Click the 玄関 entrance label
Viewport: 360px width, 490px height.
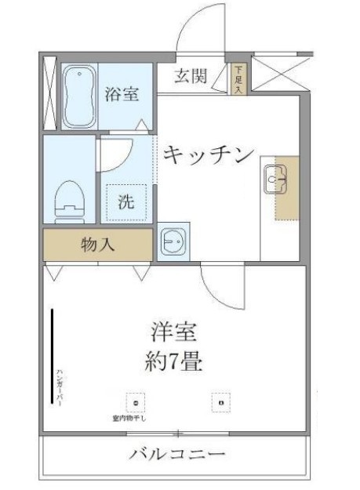coord(191,76)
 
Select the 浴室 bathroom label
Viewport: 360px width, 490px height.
coord(122,95)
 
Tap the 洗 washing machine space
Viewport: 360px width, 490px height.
coord(125,201)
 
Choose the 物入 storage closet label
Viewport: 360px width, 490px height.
coord(98,245)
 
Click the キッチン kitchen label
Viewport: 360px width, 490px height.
coord(209,154)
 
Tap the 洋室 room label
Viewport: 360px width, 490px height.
coord(173,332)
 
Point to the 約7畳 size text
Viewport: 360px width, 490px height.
coord(174,362)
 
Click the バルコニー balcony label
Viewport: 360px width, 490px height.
coord(178,454)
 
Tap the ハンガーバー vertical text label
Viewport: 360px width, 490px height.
coord(60,388)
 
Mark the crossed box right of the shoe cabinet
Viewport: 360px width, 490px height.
coord(274,76)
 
